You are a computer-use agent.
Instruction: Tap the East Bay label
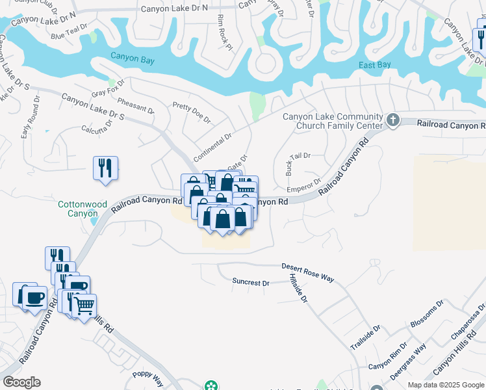point(375,65)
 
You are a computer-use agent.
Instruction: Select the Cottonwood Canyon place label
point(83,209)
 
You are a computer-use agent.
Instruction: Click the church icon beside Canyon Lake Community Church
point(392,120)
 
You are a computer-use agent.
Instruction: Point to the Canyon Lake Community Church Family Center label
point(333,121)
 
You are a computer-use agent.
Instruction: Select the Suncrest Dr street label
point(251,283)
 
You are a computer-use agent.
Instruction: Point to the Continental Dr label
point(213,144)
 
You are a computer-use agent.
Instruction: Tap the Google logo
point(21,382)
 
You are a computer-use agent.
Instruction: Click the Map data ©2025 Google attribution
point(446,385)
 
